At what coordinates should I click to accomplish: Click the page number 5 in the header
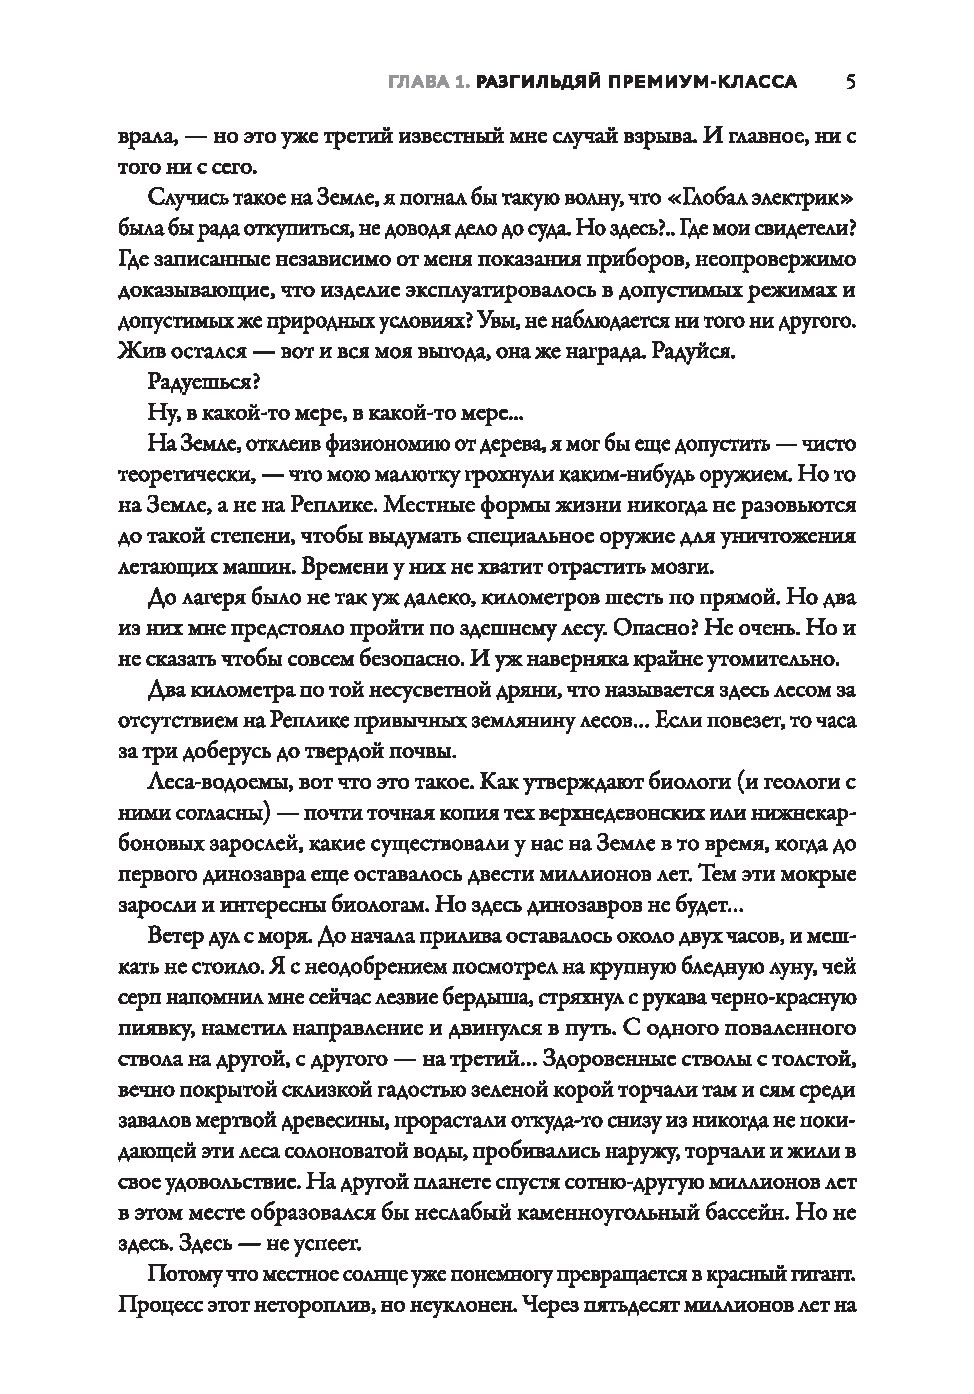(x=849, y=82)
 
